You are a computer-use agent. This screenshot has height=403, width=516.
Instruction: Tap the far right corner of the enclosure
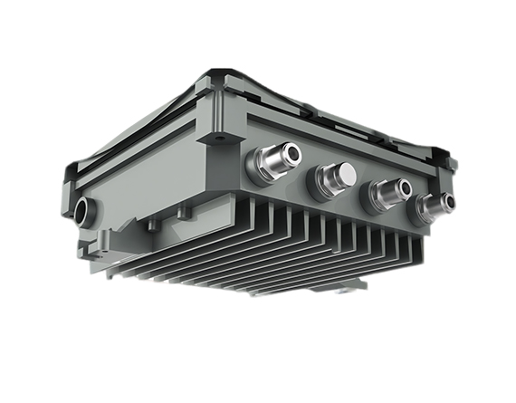(x=453, y=163)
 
